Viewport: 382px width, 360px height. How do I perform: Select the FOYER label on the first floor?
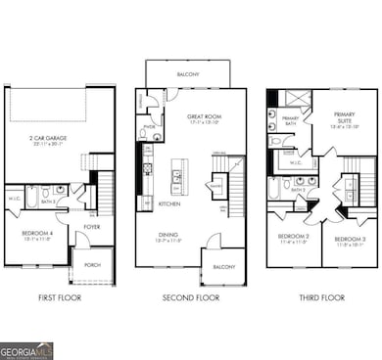coord(92,227)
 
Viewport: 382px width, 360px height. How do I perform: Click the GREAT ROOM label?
coord(200,117)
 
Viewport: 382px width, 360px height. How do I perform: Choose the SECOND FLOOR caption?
coord(190,296)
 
